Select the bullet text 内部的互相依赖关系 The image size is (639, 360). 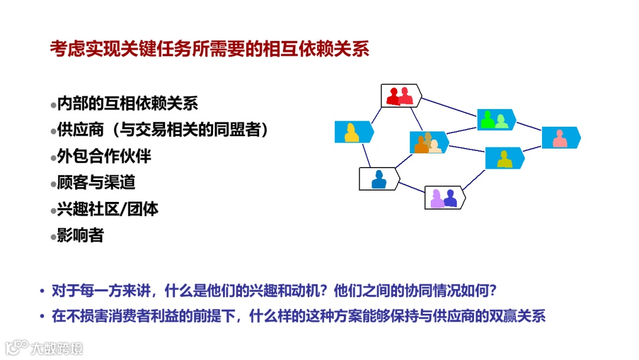click(127, 104)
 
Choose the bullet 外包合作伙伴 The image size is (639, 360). click(104, 156)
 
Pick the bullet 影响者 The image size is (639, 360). click(80, 235)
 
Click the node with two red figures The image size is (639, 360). click(401, 95)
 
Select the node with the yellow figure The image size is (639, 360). click(353, 132)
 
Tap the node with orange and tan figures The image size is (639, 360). click(428, 143)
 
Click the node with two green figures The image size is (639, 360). click(496, 120)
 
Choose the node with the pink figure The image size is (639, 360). click(560, 138)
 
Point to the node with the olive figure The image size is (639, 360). click(504, 158)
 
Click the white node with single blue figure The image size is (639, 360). click(379, 178)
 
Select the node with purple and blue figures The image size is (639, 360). click(444, 198)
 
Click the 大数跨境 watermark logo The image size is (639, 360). click(44, 348)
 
